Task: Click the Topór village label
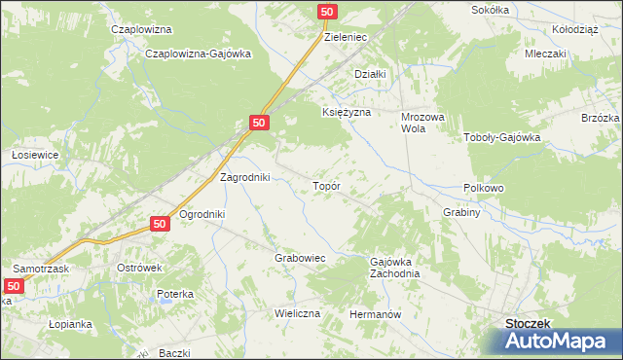point(325,185)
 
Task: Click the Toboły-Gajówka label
point(501,137)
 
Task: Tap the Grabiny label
point(462,212)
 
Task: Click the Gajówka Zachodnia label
point(394,268)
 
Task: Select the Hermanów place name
point(376,315)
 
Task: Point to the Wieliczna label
point(297,314)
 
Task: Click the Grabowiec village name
point(299,259)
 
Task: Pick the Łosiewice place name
point(36,155)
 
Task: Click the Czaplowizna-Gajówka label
point(198,54)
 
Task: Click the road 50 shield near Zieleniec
point(327,11)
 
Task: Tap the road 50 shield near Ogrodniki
point(162,224)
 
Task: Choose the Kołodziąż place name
point(574,29)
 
